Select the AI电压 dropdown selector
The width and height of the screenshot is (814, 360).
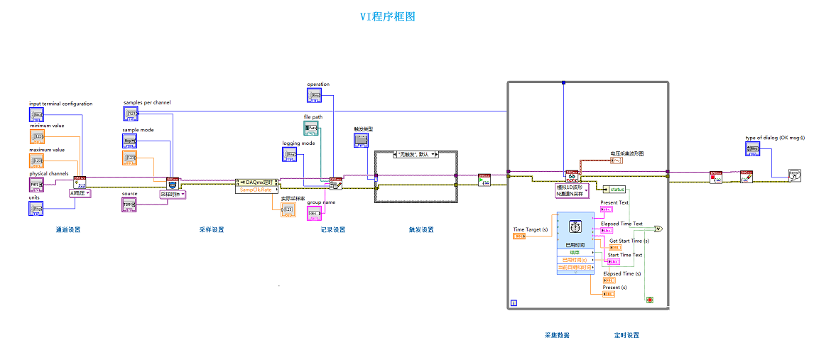[x=80, y=193]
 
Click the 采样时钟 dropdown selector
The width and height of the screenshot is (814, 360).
[x=172, y=194]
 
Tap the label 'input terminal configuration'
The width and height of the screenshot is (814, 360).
[x=60, y=104]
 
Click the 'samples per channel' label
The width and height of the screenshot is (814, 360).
[x=147, y=102]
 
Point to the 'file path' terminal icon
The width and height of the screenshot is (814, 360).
[x=311, y=129]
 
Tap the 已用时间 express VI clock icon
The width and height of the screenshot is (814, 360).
[x=575, y=226]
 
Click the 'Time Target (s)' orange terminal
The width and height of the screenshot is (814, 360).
[x=519, y=236]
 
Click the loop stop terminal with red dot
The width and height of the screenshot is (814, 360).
[x=649, y=300]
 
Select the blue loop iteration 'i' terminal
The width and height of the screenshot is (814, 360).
[x=513, y=304]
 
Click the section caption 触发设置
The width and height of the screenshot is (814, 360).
[x=421, y=229]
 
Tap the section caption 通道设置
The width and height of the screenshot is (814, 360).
[x=67, y=229]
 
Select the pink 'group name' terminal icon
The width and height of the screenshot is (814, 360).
[x=314, y=212]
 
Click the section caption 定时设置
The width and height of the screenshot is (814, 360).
[x=626, y=335]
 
